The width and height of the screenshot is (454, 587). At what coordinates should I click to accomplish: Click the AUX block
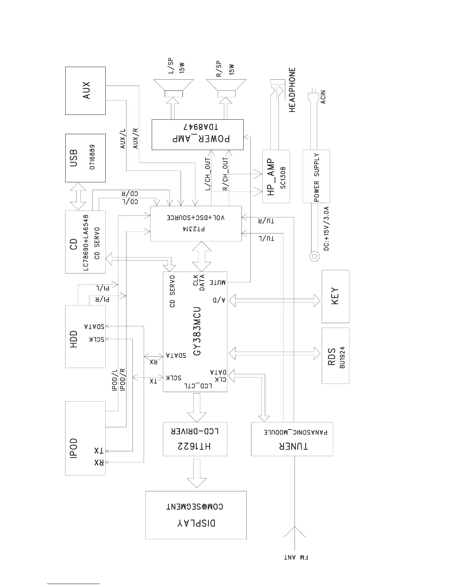[85, 91]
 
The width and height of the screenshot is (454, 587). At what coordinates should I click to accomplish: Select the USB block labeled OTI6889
[85, 158]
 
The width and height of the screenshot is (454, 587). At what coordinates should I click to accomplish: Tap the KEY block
[335, 296]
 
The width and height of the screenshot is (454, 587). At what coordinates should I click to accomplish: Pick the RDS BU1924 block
[335, 356]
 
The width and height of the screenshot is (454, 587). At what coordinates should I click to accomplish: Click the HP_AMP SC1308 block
[276, 176]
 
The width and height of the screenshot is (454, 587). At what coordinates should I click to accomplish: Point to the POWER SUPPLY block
[316, 176]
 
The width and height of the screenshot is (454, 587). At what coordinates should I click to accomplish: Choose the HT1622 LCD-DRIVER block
[195, 439]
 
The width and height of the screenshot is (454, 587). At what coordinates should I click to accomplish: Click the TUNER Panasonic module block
[292, 439]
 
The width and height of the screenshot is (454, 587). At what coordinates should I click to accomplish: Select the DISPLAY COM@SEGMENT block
[196, 515]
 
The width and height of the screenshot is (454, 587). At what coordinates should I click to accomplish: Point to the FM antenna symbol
[295, 537]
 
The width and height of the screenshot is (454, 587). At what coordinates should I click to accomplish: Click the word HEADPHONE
[292, 90]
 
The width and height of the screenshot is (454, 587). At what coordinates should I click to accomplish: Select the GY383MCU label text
[197, 331]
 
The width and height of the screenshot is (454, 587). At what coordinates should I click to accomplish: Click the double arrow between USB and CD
[78, 196]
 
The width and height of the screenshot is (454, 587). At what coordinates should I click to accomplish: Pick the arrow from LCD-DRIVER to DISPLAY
[197, 474]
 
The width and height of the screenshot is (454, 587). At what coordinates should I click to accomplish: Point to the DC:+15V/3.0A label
[326, 229]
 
